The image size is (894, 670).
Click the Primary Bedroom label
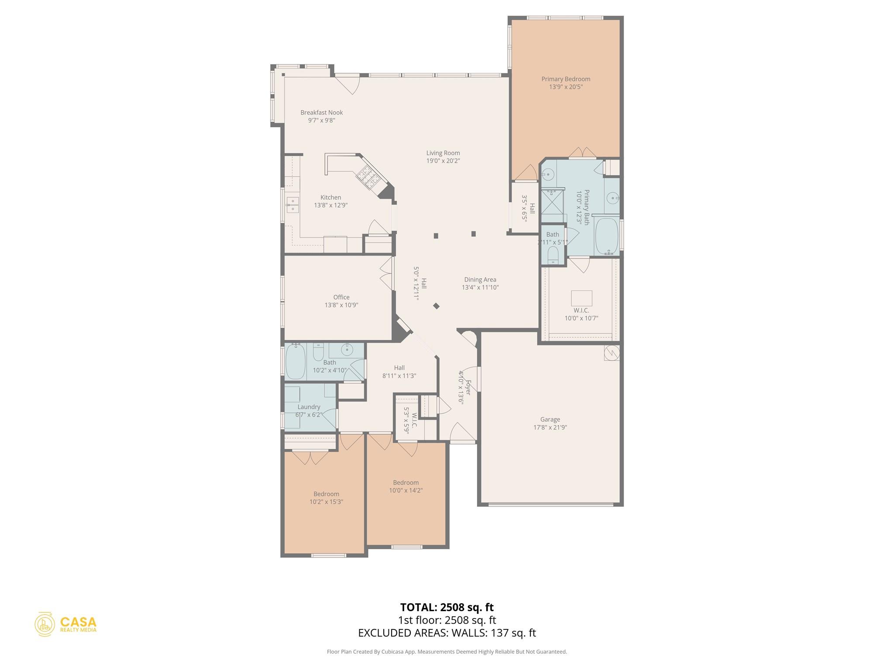tap(565, 79)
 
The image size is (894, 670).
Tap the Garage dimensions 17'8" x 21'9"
tap(550, 427)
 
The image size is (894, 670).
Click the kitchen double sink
tap(292, 205)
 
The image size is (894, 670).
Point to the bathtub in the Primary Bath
tap(607, 236)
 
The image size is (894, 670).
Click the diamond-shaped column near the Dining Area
tap(436, 306)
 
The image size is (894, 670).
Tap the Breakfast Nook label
tap(321, 113)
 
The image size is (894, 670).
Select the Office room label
tap(341, 297)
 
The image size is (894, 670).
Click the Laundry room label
tap(309, 407)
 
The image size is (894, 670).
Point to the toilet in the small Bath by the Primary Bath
tap(553, 255)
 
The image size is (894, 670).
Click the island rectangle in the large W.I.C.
tap(581, 298)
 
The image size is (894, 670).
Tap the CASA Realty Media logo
tap(66, 624)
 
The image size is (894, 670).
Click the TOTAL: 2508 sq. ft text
tap(447, 607)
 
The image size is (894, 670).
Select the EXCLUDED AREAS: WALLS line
tap(447, 633)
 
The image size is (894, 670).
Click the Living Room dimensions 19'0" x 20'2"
tap(443, 161)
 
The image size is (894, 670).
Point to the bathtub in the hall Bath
tap(296, 361)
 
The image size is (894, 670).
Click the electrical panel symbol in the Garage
tap(612, 353)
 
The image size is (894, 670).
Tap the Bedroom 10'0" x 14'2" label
tap(406, 486)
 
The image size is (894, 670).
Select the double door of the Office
tap(386, 274)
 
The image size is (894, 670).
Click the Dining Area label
tap(480, 280)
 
